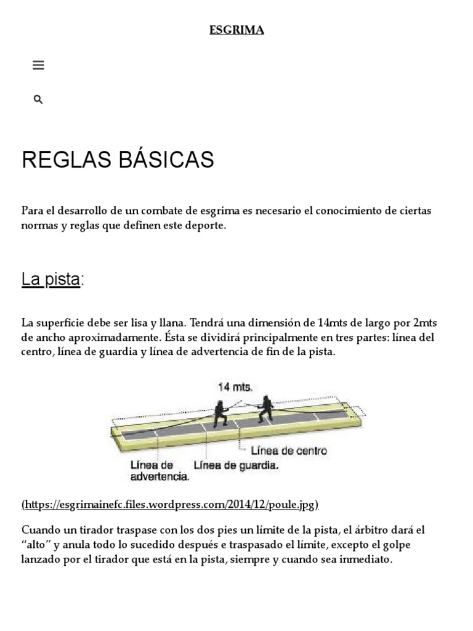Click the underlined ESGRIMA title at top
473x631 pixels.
236,30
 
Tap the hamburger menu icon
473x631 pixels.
38,65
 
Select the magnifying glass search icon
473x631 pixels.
38,99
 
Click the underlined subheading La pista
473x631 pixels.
51,279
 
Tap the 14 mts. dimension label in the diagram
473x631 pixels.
235,387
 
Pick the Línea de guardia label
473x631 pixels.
236,466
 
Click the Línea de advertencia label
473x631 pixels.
159,471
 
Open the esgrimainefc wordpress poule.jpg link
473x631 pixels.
170,505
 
